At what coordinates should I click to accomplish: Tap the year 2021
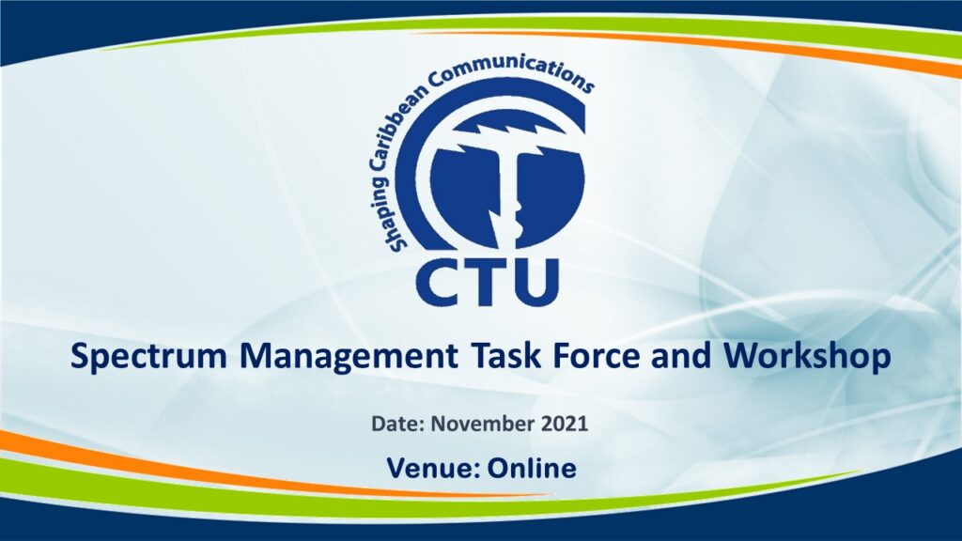(x=565, y=424)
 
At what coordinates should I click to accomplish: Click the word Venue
(x=433, y=469)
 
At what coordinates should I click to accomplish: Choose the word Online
(x=532, y=469)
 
